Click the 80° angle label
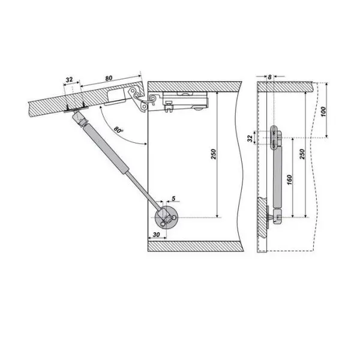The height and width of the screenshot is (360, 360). coord(118,130)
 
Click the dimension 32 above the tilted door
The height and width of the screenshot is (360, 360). coord(69,80)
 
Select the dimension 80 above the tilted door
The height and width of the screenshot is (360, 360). coord(109,78)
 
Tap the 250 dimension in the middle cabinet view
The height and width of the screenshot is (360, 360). coord(214,154)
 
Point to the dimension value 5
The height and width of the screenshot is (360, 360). coord(173,198)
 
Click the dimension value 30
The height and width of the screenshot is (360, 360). coord(156,235)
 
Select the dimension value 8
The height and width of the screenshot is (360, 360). coord(269,77)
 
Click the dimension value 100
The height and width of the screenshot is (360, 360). coord(323,112)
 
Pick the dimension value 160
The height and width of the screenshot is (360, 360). coord(289,180)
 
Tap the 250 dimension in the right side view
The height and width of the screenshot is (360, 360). coord(302,154)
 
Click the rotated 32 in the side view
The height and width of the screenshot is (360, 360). coord(250,138)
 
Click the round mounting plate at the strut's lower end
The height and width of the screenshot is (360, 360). coord(166,218)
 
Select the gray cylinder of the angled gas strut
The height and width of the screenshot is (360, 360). coord(106,149)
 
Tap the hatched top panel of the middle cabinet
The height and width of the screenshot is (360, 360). coord(194,86)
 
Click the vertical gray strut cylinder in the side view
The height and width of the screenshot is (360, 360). coord(278,178)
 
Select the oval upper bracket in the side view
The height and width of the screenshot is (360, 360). coord(274,137)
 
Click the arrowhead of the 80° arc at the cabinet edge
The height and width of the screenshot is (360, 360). coord(145,144)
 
